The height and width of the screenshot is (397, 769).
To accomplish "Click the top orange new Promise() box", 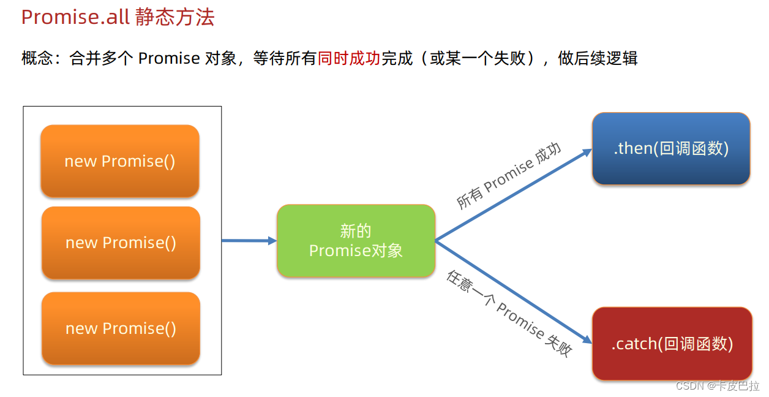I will [120, 161].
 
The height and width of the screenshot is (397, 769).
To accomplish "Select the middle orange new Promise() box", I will [121, 243].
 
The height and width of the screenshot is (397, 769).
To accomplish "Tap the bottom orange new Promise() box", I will [121, 328].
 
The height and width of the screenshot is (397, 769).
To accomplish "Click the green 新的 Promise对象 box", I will [356, 241].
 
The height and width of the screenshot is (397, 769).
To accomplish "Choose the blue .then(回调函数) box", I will [671, 148].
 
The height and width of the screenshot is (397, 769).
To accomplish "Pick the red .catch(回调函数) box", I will [672, 344].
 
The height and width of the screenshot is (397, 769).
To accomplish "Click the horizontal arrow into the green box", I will [249, 241].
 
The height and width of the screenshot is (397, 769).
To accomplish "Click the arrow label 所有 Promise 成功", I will [508, 177].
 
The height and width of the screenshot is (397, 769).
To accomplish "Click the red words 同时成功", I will [349, 59].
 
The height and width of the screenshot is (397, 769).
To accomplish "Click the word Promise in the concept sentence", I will [169, 59].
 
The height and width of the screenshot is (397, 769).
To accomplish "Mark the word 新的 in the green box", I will [356, 231].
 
